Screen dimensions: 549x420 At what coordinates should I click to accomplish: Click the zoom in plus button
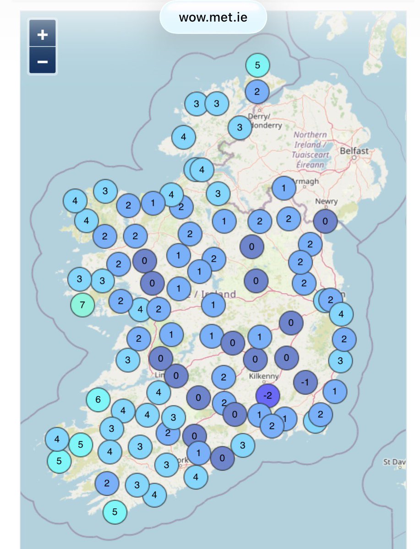coord(43,35)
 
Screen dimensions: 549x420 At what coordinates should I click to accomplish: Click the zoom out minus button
coord(43,61)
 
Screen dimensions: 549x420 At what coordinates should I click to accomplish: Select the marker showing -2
coord(269,396)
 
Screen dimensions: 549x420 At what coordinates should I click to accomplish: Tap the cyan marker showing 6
coord(98,399)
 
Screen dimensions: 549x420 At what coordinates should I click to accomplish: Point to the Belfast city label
coord(354,151)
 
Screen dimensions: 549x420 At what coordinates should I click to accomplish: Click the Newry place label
coord(326,201)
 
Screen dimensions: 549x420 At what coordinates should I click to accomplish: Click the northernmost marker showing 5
coord(257,65)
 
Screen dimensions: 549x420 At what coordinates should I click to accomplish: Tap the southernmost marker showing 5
coord(115,512)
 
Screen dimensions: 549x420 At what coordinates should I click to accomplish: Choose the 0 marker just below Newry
coord(326,221)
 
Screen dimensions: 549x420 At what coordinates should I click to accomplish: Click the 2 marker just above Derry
coord(257,91)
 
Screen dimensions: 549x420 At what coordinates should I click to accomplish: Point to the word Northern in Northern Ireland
coord(311,135)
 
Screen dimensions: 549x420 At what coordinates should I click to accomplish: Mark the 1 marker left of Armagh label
coord(284,188)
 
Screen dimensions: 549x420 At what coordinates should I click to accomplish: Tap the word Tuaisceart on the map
coord(311,155)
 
